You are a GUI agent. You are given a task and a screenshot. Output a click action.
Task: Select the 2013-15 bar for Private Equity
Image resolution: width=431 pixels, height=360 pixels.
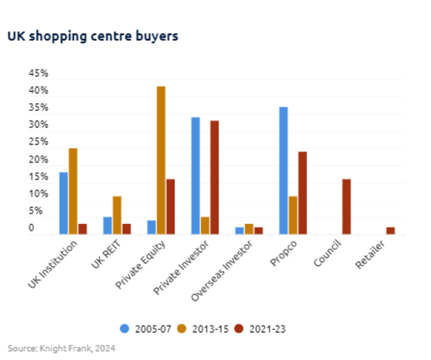pyautogui.click(x=161, y=160)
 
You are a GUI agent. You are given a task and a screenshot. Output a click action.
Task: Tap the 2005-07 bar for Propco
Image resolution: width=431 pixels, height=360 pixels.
pyautogui.click(x=283, y=170)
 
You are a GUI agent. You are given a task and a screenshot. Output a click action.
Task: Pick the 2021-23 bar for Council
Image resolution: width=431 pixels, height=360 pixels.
pyautogui.click(x=347, y=207)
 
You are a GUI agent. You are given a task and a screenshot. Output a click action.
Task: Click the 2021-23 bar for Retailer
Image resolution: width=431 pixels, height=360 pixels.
pyautogui.click(x=390, y=230)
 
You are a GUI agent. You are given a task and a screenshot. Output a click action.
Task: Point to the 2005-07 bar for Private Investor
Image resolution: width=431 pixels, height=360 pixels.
pyautogui.click(x=195, y=175)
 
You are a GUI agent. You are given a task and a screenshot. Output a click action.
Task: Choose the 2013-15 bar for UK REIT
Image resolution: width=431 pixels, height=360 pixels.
pyautogui.click(x=117, y=215)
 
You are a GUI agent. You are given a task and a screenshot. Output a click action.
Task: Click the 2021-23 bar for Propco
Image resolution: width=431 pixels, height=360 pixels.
pyautogui.click(x=302, y=193)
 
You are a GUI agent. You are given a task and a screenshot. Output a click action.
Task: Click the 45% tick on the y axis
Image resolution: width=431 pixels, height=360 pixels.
pyautogui.click(x=38, y=74)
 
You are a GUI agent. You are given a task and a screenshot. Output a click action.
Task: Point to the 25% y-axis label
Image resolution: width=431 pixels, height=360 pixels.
pyautogui.click(x=38, y=142)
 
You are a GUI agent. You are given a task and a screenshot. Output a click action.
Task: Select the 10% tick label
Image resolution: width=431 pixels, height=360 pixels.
pyautogui.click(x=38, y=194)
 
